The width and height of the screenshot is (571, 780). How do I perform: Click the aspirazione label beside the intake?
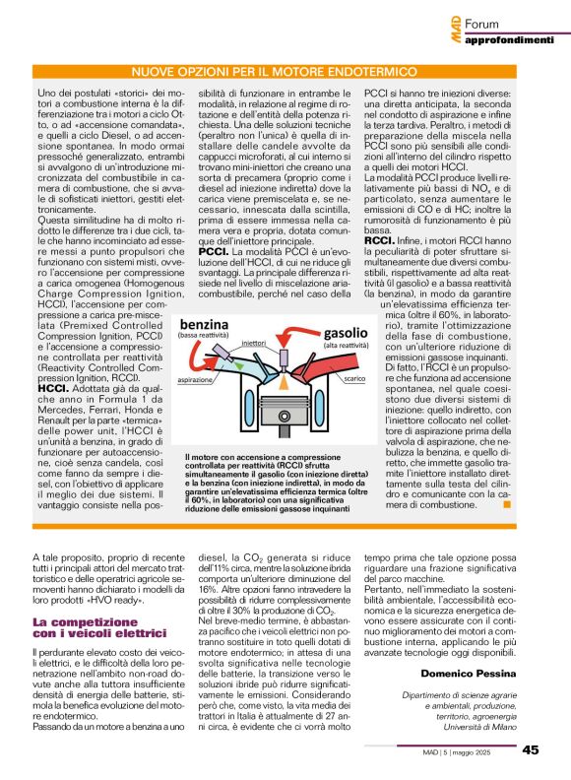click(x=198, y=433)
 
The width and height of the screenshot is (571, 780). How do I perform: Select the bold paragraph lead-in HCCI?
click(x=51, y=417)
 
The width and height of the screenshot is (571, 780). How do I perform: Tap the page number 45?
click(x=530, y=749)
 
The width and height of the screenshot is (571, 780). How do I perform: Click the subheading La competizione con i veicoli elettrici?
click(x=83, y=628)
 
